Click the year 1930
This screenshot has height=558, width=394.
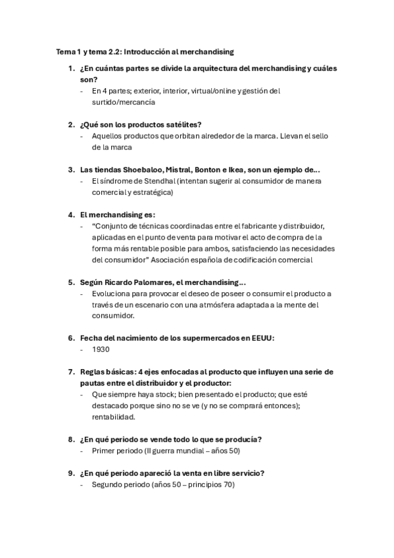(101, 350)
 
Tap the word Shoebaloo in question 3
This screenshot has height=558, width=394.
(145, 169)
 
